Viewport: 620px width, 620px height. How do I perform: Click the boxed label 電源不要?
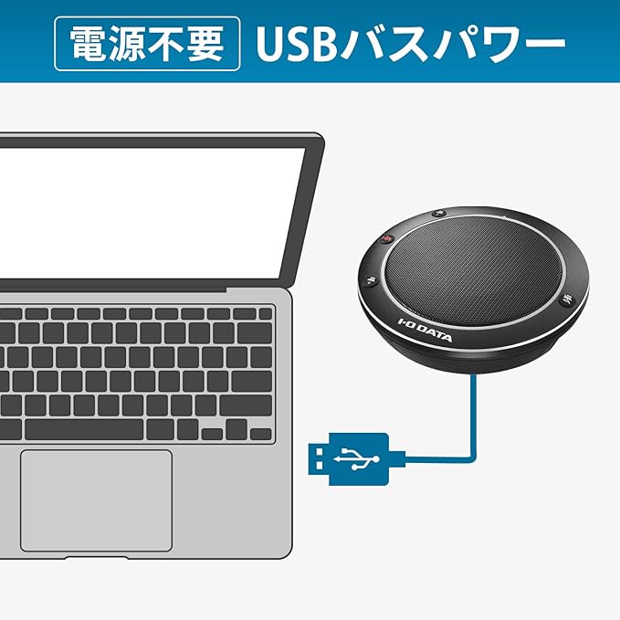pyautogui.click(x=147, y=42)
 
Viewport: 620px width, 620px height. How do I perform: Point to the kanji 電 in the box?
pyautogui.click(x=84, y=42)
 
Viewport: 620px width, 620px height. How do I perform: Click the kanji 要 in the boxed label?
pyautogui.click(x=210, y=42)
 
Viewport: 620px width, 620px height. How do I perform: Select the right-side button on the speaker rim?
pyautogui.click(x=566, y=297)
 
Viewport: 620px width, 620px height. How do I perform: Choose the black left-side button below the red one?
pyautogui.click(x=369, y=282)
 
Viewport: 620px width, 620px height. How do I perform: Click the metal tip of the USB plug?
pyautogui.click(x=319, y=457)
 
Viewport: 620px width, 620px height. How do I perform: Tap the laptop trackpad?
pyautogui.click(x=96, y=499)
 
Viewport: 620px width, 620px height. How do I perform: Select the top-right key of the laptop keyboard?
pyautogui.click(x=264, y=313)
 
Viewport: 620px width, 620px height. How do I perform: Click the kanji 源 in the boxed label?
pyautogui.click(x=126, y=42)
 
